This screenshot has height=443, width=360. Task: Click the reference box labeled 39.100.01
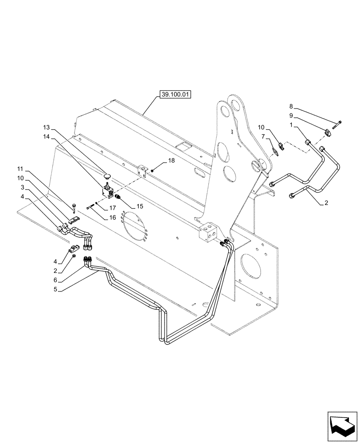[173, 95]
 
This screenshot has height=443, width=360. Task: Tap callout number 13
[47, 127]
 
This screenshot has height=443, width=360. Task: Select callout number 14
[47, 137]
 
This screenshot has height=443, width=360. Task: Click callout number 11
[20, 169]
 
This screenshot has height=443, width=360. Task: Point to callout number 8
[291, 106]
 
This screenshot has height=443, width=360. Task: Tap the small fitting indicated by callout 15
[117, 196]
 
